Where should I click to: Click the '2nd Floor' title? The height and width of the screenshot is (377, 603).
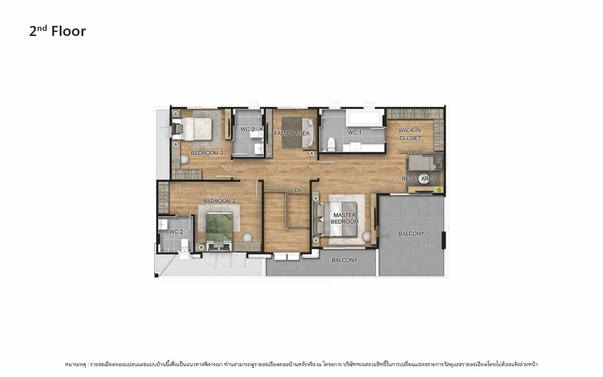click(58, 31)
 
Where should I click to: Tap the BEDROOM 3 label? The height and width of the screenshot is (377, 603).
click(207, 153)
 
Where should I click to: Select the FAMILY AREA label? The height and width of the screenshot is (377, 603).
click(292, 133)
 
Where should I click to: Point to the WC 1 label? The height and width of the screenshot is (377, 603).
click(355, 132)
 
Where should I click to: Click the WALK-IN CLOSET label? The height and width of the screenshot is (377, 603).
click(410, 134)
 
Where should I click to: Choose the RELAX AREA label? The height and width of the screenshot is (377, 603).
click(419, 179)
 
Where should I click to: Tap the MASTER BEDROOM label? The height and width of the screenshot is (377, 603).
click(344, 218)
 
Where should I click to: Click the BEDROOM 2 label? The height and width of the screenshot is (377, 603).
click(219, 201)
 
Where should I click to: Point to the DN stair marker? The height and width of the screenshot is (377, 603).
click(298, 190)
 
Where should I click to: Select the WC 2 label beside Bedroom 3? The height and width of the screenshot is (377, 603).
click(247, 129)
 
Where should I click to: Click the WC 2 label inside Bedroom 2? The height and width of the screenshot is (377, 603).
click(176, 232)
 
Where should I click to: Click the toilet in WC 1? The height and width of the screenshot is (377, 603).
click(331, 144)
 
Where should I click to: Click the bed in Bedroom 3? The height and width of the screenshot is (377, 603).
click(196, 129)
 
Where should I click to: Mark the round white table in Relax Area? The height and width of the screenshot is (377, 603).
click(424, 179)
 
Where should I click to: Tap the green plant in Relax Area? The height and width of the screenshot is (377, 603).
click(439, 190)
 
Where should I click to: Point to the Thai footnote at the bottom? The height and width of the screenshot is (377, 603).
click(301, 364)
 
